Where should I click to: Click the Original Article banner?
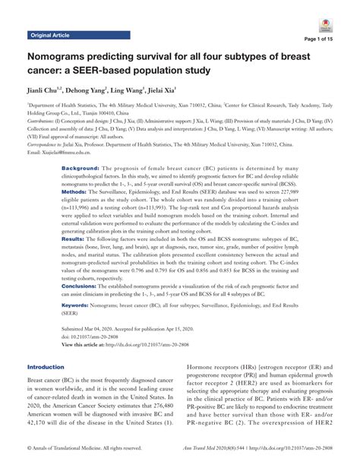coord(49,36)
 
